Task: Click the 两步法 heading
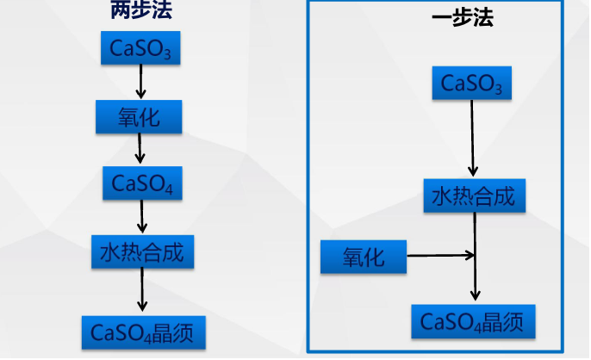click(141, 11)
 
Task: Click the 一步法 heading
click(463, 18)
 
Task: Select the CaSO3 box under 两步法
click(141, 48)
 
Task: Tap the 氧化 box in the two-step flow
click(139, 116)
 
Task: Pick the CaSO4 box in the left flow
click(141, 183)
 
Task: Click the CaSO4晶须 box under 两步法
click(143, 332)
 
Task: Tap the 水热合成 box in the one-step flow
click(473, 196)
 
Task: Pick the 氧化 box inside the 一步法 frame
click(363, 256)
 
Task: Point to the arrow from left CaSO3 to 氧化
click(140, 82)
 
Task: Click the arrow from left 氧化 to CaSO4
click(140, 149)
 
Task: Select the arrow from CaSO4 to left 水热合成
click(142, 216)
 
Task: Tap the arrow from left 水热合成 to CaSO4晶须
click(142, 293)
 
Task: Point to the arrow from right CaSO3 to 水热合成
click(472, 138)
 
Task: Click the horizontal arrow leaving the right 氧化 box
click(439, 255)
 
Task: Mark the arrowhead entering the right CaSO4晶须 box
click(475, 296)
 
